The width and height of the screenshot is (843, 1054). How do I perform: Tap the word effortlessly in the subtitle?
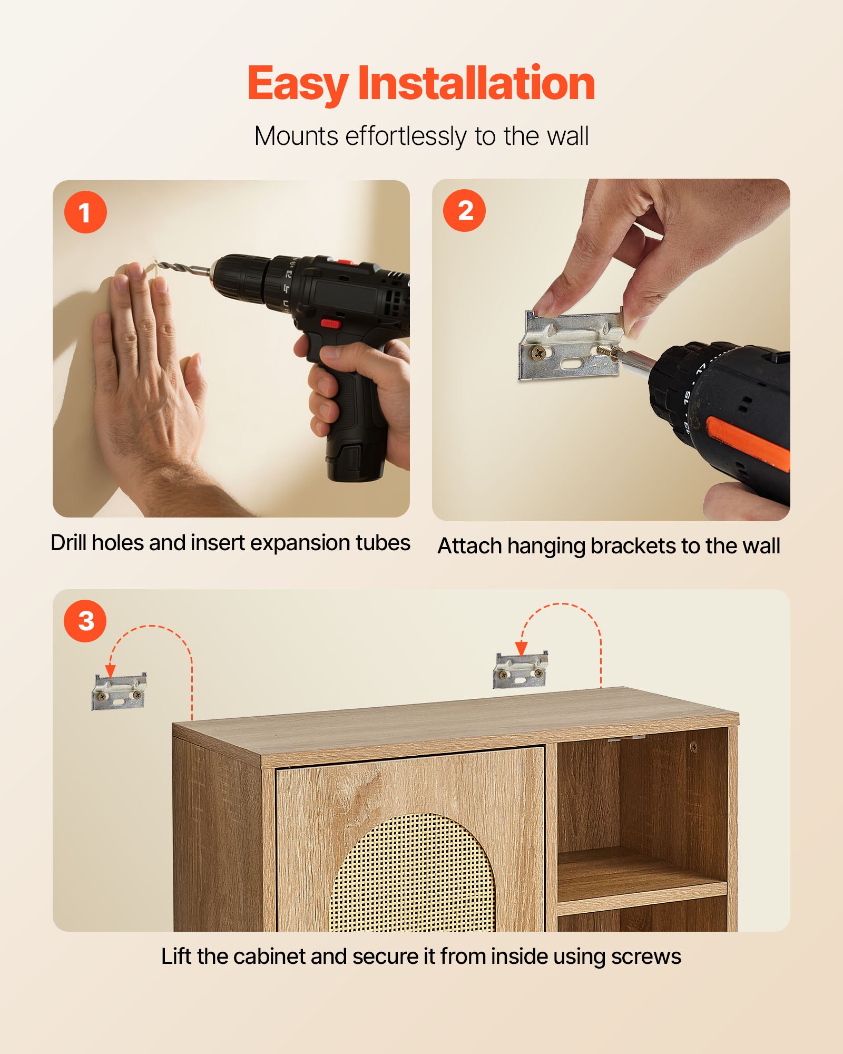[405, 136]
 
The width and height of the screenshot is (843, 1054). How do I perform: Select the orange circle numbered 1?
[85, 212]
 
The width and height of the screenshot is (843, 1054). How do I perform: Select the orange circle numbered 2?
[464, 211]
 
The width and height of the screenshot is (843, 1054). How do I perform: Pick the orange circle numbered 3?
[85, 621]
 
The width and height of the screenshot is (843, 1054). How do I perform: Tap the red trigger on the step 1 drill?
[330, 324]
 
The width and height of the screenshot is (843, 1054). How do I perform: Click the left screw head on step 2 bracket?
[537, 353]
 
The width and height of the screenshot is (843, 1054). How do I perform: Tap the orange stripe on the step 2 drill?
[748, 443]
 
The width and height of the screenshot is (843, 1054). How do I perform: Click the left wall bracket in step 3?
[119, 691]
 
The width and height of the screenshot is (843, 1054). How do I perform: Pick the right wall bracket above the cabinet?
[521, 670]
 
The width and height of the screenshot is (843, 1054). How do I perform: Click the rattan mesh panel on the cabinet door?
[414, 875]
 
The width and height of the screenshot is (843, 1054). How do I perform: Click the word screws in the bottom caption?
[646, 957]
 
